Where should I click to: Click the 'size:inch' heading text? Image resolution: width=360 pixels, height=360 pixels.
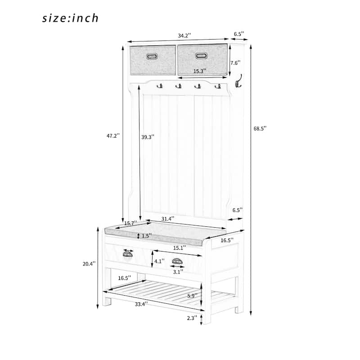coord(70,18)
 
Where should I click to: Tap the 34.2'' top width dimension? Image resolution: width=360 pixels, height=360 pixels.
coord(184,36)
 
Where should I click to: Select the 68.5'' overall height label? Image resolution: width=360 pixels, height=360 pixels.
coord(260,128)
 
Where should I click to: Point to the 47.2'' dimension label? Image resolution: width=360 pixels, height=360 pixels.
coord(113,136)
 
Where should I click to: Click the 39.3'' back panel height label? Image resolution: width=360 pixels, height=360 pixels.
coord(148,137)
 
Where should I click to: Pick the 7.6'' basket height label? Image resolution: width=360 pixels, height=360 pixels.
coord(235,63)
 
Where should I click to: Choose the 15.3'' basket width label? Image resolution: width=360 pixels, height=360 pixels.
coord(199,71)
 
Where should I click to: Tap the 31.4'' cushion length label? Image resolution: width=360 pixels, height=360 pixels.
coord(167,219)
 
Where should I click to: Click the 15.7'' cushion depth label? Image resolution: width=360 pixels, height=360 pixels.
coord(130,223)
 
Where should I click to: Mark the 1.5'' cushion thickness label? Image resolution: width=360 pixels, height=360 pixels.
coord(147,236)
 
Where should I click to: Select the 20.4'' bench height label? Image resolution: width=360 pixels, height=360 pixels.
coord(89,264)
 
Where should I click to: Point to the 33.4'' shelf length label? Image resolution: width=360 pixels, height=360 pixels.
coord(141,304)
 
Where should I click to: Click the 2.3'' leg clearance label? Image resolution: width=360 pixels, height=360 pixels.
coord(192,318)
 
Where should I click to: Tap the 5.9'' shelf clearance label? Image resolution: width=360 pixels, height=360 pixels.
coord(192,296)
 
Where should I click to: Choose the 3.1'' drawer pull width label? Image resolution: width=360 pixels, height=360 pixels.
coord(178,272)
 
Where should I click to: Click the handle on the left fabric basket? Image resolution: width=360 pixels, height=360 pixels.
coord(152,56)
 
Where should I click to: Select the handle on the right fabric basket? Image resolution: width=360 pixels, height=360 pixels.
coord(202,55)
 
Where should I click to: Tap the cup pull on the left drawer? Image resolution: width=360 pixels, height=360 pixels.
coord(128,254)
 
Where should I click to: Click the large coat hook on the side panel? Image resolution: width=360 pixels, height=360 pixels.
coord(238,81)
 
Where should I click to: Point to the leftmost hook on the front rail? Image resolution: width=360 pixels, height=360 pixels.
coord(160,86)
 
